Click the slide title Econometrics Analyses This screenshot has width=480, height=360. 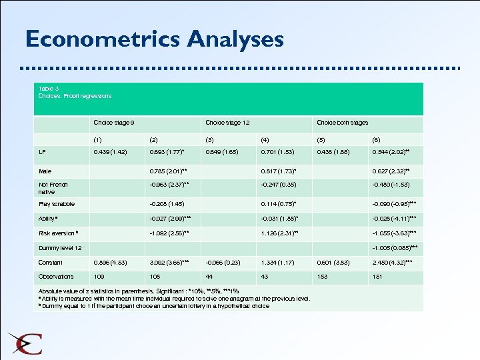tap(154, 39)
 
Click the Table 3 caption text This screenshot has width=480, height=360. tap(75, 92)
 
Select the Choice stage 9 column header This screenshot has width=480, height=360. tap(114, 123)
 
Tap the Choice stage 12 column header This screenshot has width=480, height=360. tap(227, 123)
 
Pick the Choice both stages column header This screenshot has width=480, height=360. tap(342, 123)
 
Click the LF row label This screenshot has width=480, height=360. tap(43, 151)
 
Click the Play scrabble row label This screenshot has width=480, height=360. tap(57, 204)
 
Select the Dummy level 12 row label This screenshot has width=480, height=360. tap(60, 248)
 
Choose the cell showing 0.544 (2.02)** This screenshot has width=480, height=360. tap(391, 151)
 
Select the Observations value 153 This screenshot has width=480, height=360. tap(323, 277)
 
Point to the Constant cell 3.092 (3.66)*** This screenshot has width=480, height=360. tap(171, 263)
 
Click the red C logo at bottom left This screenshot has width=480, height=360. tap(27, 343)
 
